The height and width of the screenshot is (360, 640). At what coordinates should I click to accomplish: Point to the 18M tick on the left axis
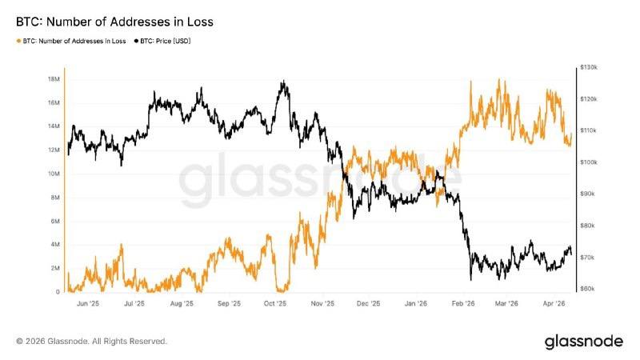pos(54,79)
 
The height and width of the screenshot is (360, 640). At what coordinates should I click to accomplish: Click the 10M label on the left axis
pos(54,174)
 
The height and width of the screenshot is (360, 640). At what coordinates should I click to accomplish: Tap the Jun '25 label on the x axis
pos(88,304)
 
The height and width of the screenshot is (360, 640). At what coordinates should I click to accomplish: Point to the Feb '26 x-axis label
pos(462,304)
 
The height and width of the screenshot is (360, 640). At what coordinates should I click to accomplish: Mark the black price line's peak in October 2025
pos(283,81)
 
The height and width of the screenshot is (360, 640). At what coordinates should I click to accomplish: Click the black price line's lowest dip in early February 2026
pos(470,280)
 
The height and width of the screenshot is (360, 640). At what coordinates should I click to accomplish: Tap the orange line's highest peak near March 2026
pos(499,79)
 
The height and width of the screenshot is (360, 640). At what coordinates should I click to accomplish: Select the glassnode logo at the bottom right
pos(583,342)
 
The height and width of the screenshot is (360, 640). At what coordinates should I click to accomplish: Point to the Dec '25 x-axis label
pos(369,304)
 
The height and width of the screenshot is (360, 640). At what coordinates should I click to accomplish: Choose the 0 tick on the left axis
pos(58,292)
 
